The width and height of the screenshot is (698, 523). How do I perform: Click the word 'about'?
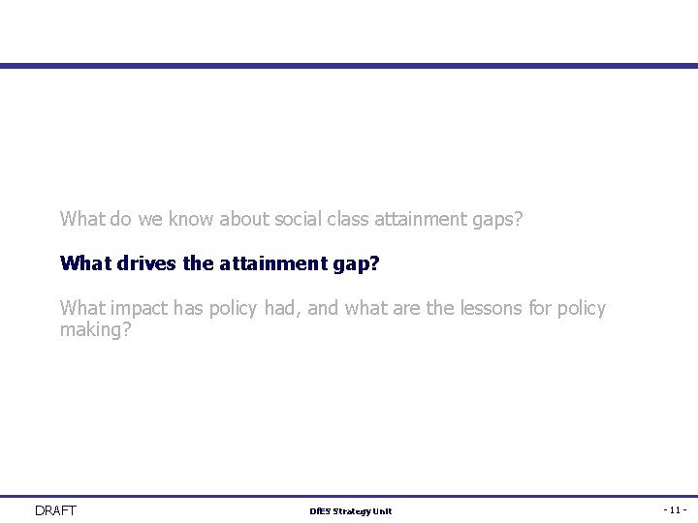(243, 219)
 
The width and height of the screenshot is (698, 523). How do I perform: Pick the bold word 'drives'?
(143, 263)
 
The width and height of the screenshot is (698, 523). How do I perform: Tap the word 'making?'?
(95, 330)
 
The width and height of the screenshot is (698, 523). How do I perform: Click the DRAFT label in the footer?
(55, 510)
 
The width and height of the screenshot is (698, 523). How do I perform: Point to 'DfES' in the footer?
(319, 511)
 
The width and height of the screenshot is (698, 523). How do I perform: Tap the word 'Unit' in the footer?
(383, 511)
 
